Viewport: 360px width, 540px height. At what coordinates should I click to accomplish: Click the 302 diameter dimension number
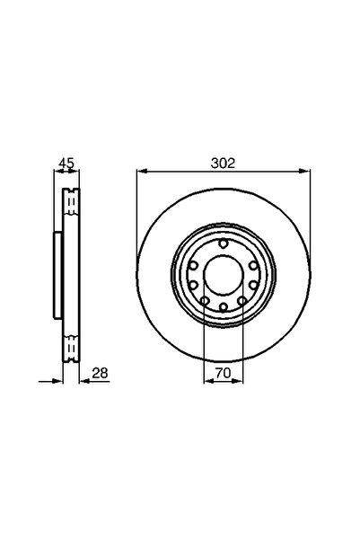pos(224,164)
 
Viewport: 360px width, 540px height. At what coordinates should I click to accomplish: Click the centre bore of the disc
pos(221,274)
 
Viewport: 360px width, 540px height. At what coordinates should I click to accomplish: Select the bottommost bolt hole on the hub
pos(221,305)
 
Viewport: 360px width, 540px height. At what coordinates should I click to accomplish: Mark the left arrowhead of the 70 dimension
pos(207,380)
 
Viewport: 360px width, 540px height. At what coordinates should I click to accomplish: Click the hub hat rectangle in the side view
pos(57,274)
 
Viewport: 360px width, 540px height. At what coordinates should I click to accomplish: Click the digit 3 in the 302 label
pos(215,164)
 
